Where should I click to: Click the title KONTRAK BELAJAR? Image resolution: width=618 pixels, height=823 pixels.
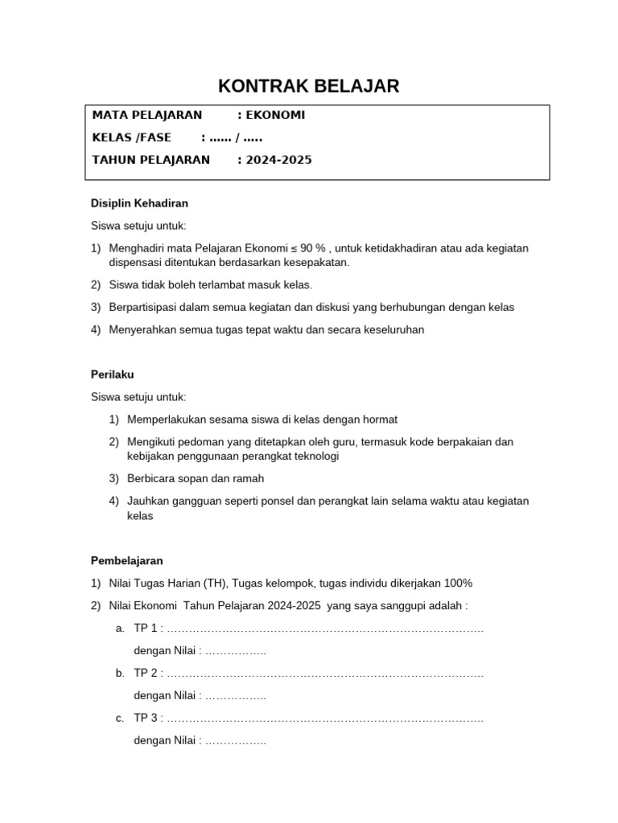309,87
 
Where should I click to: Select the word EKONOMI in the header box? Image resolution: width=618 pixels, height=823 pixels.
275,115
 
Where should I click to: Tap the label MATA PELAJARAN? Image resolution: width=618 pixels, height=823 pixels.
147,115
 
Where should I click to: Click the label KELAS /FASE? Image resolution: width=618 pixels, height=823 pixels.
132,137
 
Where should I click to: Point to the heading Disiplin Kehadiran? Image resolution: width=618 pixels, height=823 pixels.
139,203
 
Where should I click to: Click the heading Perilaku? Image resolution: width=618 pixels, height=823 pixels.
113,375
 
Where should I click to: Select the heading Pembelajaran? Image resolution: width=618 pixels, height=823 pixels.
126,560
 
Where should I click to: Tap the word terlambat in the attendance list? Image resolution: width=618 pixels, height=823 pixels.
226,285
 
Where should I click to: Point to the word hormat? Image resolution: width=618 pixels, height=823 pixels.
381,420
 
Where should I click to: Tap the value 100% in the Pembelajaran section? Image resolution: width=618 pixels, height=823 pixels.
456,583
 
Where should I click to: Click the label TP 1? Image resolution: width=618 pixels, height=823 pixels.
146,628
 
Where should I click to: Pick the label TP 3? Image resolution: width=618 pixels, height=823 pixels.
146,718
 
